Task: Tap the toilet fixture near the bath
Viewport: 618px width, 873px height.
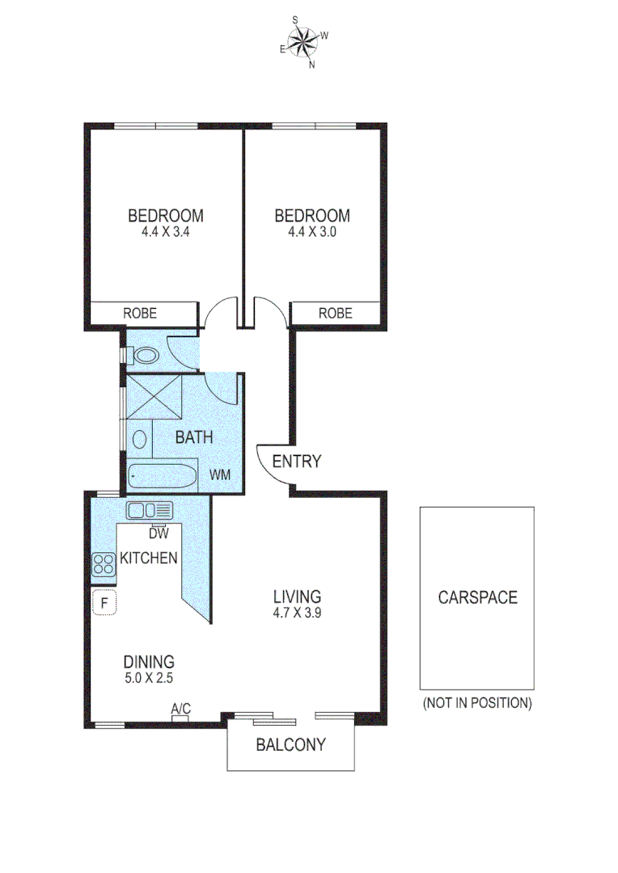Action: coord(144,355)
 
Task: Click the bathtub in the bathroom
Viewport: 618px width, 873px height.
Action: coord(162,476)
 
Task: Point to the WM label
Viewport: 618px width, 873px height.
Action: coord(220,474)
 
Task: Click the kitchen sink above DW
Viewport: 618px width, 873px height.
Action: coord(149,510)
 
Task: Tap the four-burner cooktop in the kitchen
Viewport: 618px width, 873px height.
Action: coord(104,563)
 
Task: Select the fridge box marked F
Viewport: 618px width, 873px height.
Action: coord(104,602)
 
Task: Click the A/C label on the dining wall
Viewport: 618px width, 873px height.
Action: coord(180,709)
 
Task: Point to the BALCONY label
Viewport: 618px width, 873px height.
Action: coord(290,744)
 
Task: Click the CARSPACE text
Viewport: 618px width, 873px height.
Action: coord(477,598)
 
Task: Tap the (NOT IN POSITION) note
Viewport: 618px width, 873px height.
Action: coord(477,702)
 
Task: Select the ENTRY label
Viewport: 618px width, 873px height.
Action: coord(296,462)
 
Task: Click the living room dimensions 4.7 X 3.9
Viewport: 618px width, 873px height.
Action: coord(297,613)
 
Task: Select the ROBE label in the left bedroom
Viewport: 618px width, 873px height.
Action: coord(139,313)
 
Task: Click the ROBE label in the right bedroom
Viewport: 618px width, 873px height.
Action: coord(335,313)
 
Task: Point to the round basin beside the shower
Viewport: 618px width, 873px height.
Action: coord(139,440)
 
